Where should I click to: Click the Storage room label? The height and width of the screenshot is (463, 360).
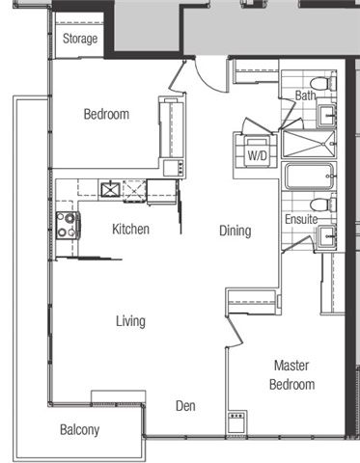coord(80,39)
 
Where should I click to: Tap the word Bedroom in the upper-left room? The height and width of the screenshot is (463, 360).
coord(106,115)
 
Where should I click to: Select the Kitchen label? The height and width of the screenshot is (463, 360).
coord(130,230)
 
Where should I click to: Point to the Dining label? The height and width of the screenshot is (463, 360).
coord(235,231)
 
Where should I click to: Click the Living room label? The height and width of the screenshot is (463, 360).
coord(130,321)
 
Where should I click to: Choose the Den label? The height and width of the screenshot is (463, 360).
coord(185,406)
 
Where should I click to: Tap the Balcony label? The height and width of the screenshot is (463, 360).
coord(80,430)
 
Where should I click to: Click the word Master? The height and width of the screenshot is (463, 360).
coord(291,366)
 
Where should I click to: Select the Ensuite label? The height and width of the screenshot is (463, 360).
coord(301,219)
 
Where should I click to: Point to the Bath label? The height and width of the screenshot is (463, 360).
coord(305,95)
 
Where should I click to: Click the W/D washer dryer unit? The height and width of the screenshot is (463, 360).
coord(257,151)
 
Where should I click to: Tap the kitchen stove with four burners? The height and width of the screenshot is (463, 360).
coord(68,226)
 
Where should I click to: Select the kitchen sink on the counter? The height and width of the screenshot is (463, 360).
coord(111,189)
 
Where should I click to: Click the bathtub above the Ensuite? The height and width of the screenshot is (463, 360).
coord(309,177)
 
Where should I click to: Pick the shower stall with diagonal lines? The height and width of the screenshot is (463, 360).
coord(309,144)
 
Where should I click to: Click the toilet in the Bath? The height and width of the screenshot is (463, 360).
coord(323,83)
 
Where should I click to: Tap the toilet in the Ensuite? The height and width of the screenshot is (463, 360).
coord(323,204)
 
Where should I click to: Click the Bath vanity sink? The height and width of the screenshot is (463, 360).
coord(326,115)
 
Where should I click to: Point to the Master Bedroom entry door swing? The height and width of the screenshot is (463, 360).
coord(235,331)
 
